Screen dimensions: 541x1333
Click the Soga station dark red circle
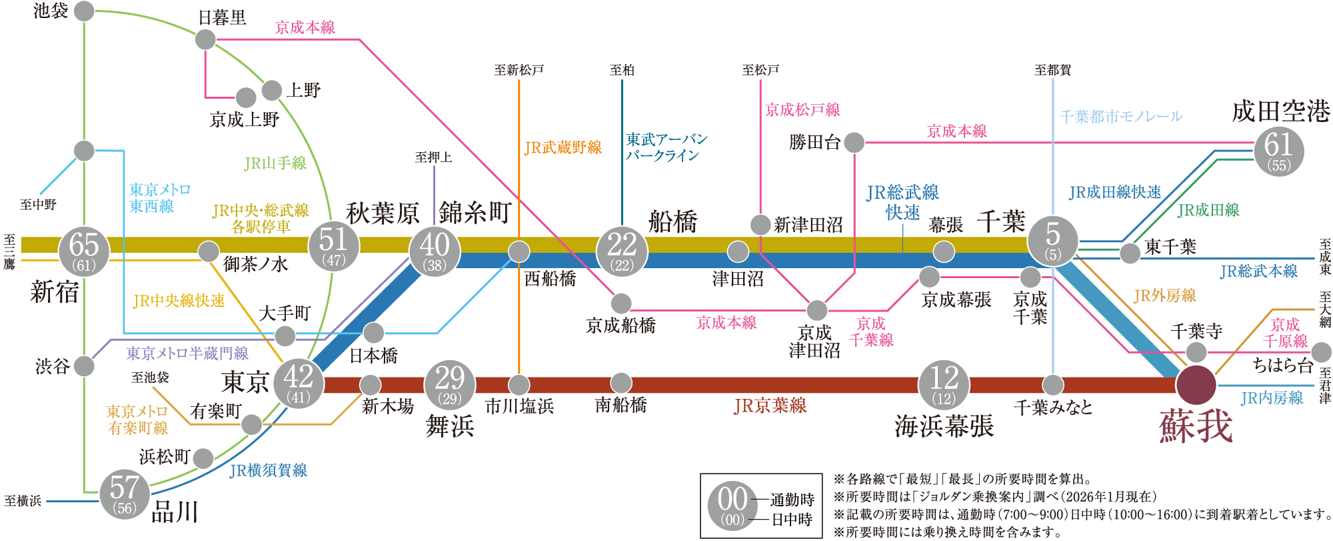coord(1196,385)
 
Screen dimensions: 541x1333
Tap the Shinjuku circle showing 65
coord(84,251)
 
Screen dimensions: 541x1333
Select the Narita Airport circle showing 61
coord(1278,151)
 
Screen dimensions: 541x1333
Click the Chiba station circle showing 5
coord(1053,241)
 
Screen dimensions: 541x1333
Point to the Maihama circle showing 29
coord(450,385)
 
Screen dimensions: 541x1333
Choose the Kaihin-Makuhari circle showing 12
coord(944,385)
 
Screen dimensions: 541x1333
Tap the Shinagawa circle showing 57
coord(125,494)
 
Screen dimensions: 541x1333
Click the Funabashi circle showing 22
coord(622,251)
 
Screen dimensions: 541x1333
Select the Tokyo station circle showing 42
coord(298,383)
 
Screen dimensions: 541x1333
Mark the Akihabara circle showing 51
coord(334,245)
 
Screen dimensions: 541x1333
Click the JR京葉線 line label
coord(770,406)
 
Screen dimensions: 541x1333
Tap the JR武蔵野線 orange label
coord(563,147)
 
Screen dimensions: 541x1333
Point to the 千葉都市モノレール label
coord(1121,117)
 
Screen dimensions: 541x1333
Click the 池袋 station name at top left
coord(51,11)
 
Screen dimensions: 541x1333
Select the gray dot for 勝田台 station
coord(854,142)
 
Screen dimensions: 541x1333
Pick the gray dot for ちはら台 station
coord(1320,352)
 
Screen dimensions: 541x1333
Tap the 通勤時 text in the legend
coord(792,500)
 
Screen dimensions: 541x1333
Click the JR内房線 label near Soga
coord(1272,398)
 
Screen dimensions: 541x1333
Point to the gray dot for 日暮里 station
coord(205,39)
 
